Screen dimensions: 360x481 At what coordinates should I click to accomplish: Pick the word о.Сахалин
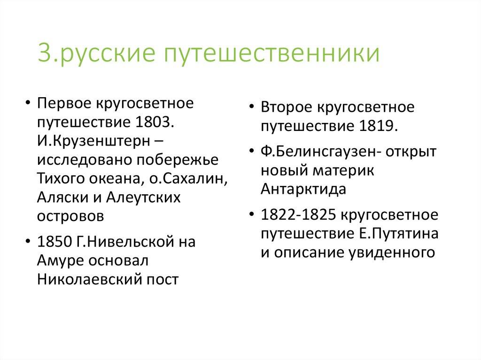pos(175,178)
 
